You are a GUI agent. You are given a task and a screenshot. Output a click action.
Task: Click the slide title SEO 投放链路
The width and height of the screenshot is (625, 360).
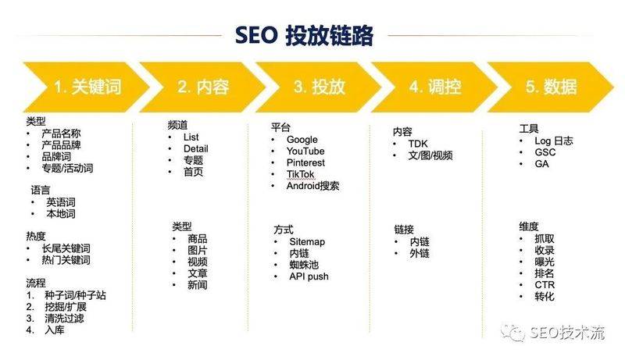tap(305, 36)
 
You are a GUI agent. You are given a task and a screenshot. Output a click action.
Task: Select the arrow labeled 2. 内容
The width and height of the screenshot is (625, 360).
tap(202, 87)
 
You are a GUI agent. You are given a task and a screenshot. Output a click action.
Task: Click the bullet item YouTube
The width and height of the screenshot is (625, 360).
tap(305, 151)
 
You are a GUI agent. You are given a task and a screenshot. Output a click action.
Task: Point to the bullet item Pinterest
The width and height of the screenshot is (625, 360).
tap(305, 162)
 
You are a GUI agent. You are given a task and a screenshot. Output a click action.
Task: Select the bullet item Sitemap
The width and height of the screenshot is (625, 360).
tap(306, 242)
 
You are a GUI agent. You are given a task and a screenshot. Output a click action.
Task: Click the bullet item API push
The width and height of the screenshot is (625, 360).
tap(309, 276)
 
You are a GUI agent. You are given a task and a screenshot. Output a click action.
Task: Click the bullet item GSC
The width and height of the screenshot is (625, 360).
tap(545, 152)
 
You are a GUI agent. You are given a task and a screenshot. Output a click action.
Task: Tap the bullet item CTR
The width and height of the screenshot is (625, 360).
tap(545, 285)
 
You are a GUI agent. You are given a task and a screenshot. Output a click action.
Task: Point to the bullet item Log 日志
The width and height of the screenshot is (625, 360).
tap(554, 141)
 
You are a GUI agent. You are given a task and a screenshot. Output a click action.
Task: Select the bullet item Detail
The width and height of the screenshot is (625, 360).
tap(195, 148)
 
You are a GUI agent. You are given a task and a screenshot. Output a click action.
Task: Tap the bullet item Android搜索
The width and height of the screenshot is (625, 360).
tap(312, 186)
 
